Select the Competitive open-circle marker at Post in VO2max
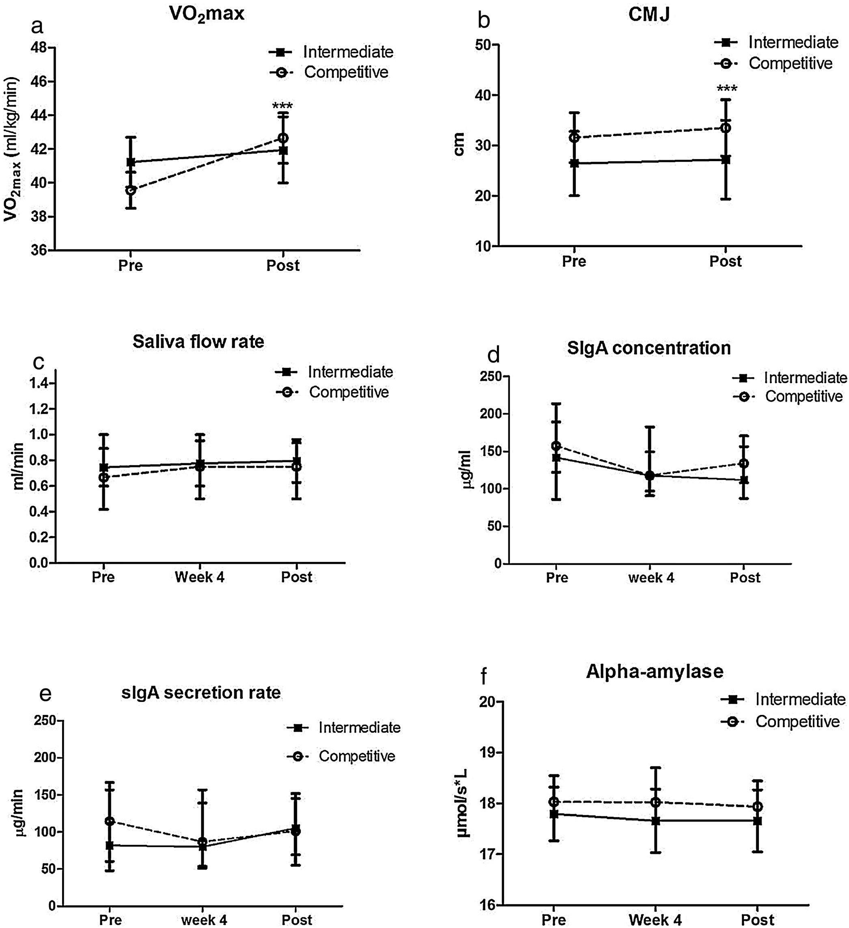click(x=283, y=138)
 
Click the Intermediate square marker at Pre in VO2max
click(x=131, y=162)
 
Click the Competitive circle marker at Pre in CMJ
click(x=574, y=137)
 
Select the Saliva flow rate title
click(x=199, y=341)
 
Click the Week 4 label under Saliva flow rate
click(x=199, y=577)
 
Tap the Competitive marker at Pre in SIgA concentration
click(x=557, y=446)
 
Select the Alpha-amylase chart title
click(x=654, y=671)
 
